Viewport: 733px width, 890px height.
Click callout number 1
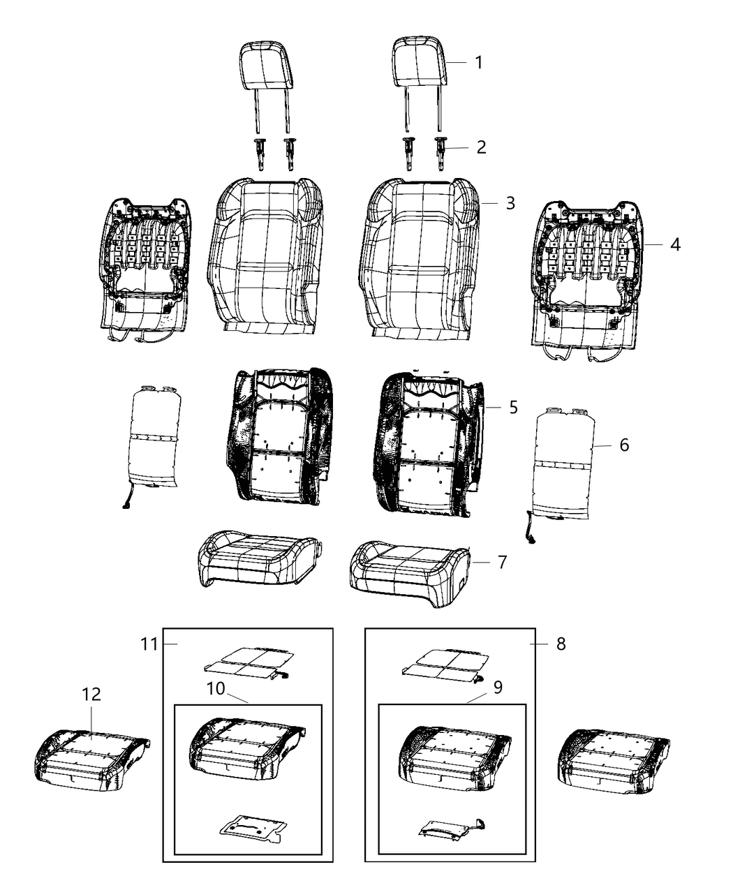tap(479, 63)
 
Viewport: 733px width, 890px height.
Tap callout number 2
tap(481, 147)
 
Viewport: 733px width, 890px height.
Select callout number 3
tap(510, 203)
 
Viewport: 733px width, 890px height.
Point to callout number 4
tap(674, 245)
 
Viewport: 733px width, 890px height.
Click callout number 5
tap(513, 408)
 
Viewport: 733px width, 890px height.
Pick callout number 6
tap(624, 445)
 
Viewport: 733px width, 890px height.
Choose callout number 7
tap(503, 562)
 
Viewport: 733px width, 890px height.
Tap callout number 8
tap(561, 656)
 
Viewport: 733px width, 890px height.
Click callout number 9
tap(498, 688)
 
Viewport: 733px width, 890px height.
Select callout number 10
tap(216, 688)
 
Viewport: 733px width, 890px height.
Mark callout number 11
tap(149, 656)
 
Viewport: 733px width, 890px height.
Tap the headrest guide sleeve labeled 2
tap(440, 154)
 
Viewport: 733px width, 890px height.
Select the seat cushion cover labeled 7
tap(410, 574)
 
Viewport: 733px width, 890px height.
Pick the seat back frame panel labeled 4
tap(586, 281)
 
